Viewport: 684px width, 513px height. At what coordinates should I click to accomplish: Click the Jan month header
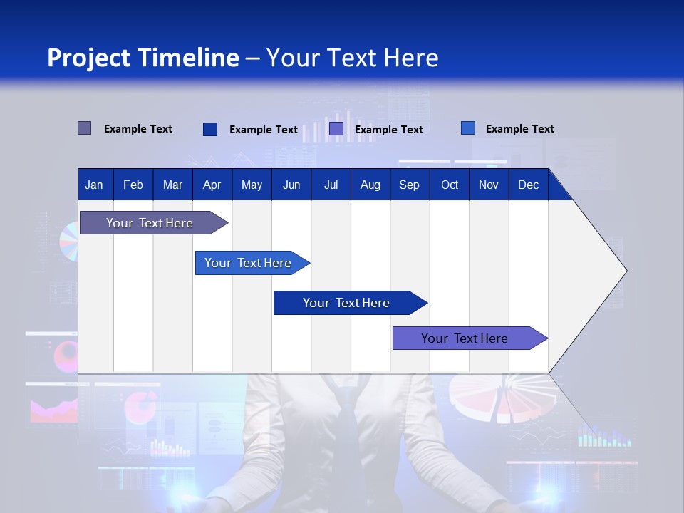tap(94, 185)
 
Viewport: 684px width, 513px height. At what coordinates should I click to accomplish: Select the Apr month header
tap(212, 185)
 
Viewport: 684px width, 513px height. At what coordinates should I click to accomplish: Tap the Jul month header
tap(331, 185)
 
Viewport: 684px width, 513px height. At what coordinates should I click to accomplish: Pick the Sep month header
tap(409, 185)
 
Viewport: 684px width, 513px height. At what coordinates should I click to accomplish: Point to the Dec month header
tap(528, 185)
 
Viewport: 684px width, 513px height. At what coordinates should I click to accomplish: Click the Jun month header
tap(291, 185)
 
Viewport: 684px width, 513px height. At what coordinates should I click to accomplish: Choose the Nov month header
tap(488, 185)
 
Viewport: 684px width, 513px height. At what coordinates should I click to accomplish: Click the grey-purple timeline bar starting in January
tap(150, 223)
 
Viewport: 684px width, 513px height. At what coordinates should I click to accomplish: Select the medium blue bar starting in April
tap(248, 263)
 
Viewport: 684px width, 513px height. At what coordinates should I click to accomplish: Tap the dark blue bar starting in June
tap(346, 303)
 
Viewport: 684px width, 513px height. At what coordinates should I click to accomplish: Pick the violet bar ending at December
tap(465, 338)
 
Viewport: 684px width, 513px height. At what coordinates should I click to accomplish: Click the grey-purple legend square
tap(84, 128)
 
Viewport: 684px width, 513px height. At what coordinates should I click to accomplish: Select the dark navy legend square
tap(210, 129)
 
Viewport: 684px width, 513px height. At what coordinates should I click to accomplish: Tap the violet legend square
tap(336, 129)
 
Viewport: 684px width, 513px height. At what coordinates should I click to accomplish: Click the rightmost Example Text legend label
tap(519, 129)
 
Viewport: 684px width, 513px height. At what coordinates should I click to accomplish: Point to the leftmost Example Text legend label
tap(138, 129)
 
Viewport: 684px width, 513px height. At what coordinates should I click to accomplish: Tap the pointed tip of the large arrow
tap(625, 271)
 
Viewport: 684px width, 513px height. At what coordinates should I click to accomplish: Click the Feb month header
tap(133, 185)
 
